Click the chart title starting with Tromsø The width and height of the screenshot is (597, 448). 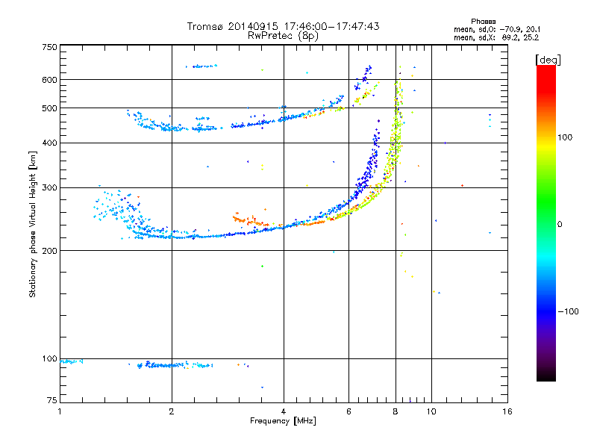click(283, 26)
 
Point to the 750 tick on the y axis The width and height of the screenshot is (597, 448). click(49, 47)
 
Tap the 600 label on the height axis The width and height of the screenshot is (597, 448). click(49, 80)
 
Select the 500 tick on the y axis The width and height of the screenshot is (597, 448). click(49, 108)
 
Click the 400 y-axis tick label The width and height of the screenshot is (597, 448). click(49, 143)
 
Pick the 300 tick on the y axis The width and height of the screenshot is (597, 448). click(49, 187)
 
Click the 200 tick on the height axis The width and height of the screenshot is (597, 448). click(49, 251)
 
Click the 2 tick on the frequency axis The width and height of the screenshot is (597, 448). click(172, 411)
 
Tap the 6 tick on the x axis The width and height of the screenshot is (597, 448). click(348, 411)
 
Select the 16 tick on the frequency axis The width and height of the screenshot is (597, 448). click(507, 411)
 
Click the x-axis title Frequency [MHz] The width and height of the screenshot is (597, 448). click(283, 421)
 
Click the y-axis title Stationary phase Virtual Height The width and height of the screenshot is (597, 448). click(33, 224)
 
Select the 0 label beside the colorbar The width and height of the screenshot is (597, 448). click(561, 224)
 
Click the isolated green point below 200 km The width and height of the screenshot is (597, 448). click(262, 266)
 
